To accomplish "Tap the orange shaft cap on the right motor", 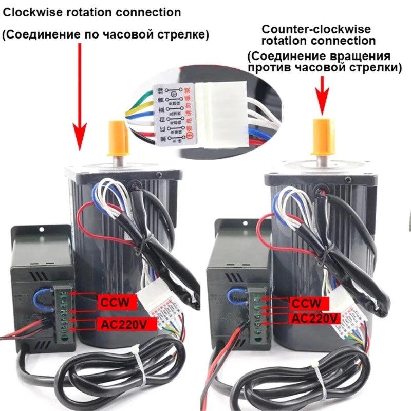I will (323, 137).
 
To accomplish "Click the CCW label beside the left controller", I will (116, 302).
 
